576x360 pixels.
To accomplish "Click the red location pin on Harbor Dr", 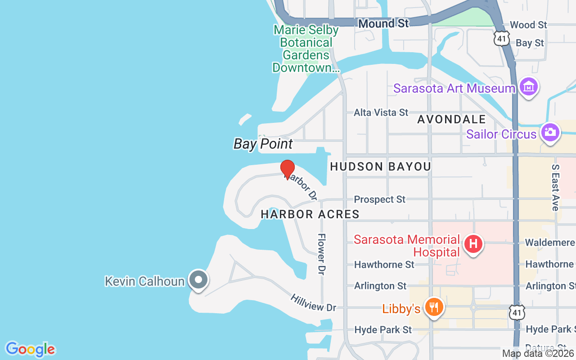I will tap(288, 169).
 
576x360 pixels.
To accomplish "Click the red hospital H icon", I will tap(473, 244).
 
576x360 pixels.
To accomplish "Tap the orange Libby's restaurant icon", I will tap(434, 308).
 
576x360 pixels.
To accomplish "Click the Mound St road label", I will tap(383, 23).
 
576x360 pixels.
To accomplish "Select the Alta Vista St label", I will tap(381, 112).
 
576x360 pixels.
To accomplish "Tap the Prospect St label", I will tap(379, 199).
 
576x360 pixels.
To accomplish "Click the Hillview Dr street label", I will tap(313, 302).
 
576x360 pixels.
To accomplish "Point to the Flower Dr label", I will tap(322, 254).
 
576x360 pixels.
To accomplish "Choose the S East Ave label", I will tap(555, 187).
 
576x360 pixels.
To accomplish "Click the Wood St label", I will tap(528, 25).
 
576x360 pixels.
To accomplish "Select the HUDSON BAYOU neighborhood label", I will tap(380, 167).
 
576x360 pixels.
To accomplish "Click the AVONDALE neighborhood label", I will tap(451, 119).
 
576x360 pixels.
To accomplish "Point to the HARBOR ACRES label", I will tap(310, 214).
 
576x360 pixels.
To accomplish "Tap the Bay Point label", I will tap(263, 144).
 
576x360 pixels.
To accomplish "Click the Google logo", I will tap(30, 349).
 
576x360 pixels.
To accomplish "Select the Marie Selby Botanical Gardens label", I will tap(306, 49).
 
